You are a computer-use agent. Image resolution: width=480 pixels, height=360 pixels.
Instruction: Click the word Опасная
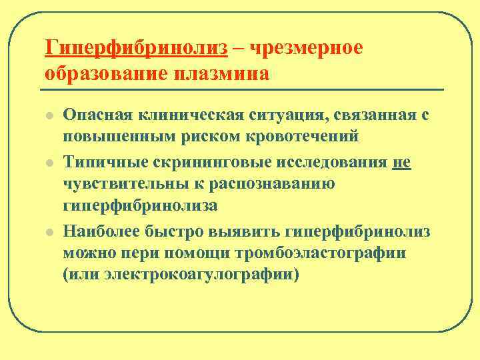[x=97, y=115]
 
